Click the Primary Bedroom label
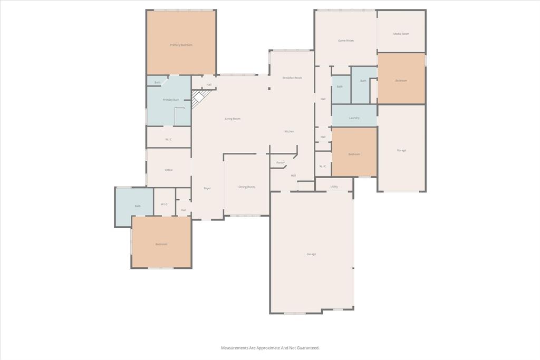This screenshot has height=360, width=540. [181, 45]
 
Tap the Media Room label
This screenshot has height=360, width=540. [401, 34]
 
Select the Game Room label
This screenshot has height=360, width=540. [346, 41]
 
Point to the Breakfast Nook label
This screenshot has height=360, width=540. [292, 78]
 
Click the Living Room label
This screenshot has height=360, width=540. [233, 119]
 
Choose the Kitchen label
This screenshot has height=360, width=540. [289, 131]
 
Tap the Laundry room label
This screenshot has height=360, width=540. [354, 118]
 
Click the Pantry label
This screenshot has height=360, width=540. [281, 163]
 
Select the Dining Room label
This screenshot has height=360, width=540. [247, 187]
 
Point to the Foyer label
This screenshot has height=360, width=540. [207, 188]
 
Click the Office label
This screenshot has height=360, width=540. [169, 170]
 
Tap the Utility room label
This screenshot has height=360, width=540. [334, 187]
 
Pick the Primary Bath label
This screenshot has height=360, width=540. [171, 100]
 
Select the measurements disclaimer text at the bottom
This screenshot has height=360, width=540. [270, 348]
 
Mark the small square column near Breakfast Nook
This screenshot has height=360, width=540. [269, 89]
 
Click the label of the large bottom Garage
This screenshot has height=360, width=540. [311, 255]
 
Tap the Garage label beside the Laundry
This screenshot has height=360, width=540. [401, 151]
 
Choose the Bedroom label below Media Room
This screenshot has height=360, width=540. [401, 81]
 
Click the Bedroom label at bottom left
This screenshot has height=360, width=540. [161, 244]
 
